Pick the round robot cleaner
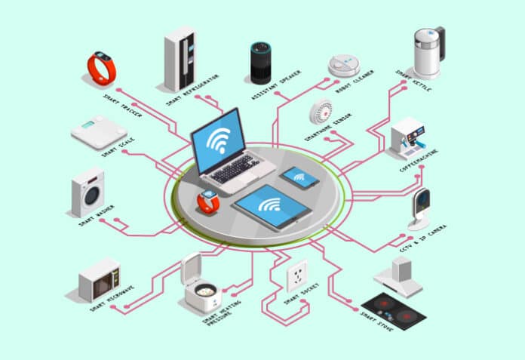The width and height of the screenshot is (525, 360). coord(343,65)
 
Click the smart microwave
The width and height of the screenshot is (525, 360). coord(100,280)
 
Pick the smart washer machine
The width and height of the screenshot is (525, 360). coord(88,192)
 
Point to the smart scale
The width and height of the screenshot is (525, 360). coord(98,132)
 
